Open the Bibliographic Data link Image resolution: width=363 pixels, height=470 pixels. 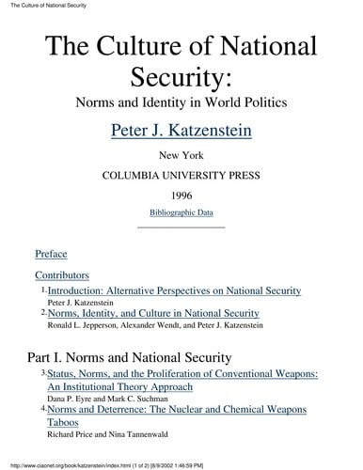point(181,212)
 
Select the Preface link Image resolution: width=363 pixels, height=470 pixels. point(51,254)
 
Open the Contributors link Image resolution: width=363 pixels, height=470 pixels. point(61,275)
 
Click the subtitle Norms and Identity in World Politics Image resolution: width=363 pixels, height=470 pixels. point(181,99)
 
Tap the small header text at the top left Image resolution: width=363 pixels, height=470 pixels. point(42,6)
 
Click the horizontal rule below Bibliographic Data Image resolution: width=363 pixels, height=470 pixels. point(181,227)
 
